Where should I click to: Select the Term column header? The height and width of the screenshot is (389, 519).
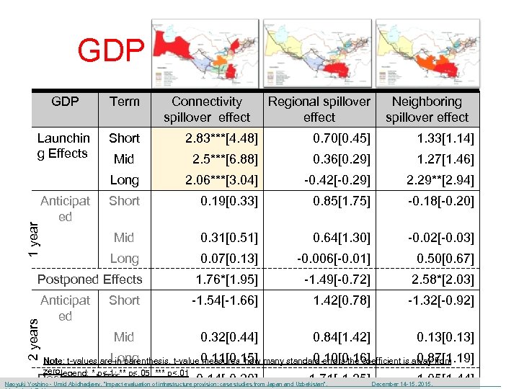125,102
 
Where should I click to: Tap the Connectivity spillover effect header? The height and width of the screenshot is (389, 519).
207,109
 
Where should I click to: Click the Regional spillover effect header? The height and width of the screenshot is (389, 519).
319,109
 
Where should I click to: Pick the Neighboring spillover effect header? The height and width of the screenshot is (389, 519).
427,109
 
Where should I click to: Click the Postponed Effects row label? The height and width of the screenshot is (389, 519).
90,280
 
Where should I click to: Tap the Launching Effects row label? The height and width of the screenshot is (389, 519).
65,146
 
